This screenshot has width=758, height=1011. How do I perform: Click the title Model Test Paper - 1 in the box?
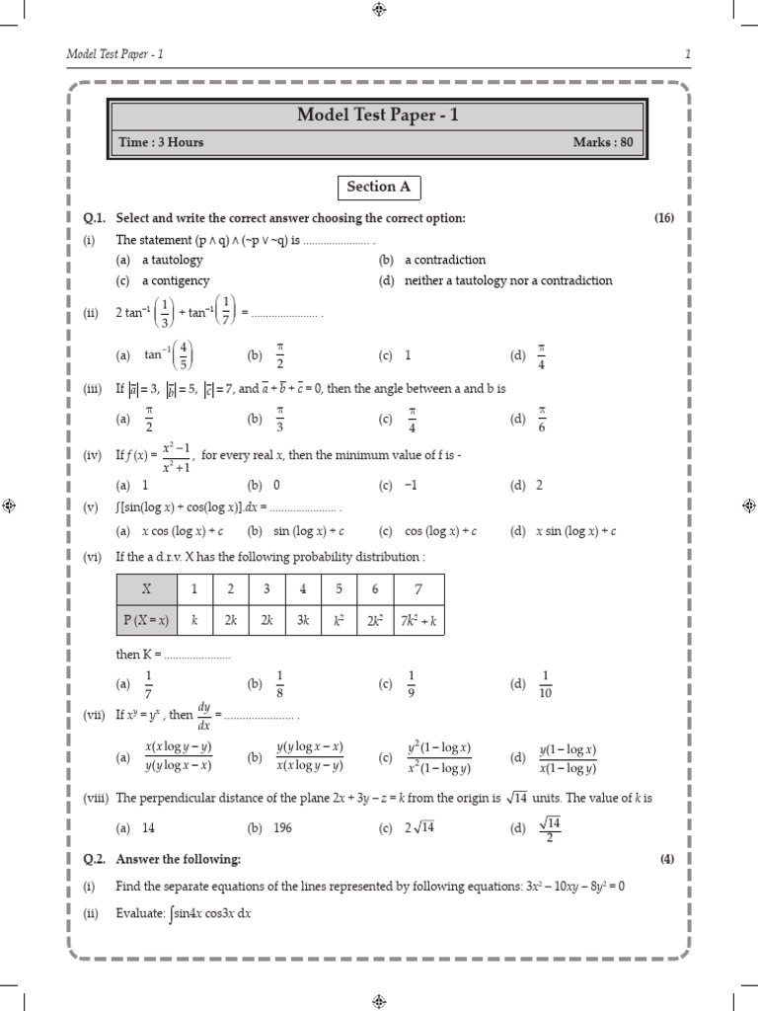click(x=378, y=117)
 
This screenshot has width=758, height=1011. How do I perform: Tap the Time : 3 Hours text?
click(x=161, y=142)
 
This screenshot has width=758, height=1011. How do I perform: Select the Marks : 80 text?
click(x=603, y=142)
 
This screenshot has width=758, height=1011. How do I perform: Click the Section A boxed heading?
click(x=378, y=187)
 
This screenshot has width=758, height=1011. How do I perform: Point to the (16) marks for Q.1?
click(x=663, y=217)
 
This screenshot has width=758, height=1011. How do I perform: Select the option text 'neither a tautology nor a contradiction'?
click(x=508, y=280)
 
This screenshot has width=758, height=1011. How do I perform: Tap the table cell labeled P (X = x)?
click(x=146, y=619)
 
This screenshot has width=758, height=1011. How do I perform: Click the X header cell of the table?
click(x=146, y=588)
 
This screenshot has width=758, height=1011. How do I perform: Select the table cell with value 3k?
click(x=303, y=619)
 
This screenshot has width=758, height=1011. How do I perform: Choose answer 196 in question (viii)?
click(x=282, y=828)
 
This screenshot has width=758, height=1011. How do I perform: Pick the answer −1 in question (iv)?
click(x=412, y=486)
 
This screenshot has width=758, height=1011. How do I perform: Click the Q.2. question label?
click(x=97, y=859)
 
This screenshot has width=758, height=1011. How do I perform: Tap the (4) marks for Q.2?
click(x=667, y=859)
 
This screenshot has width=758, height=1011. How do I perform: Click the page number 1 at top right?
click(x=686, y=52)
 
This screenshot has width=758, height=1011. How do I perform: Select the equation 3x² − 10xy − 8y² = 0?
click(x=575, y=887)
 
